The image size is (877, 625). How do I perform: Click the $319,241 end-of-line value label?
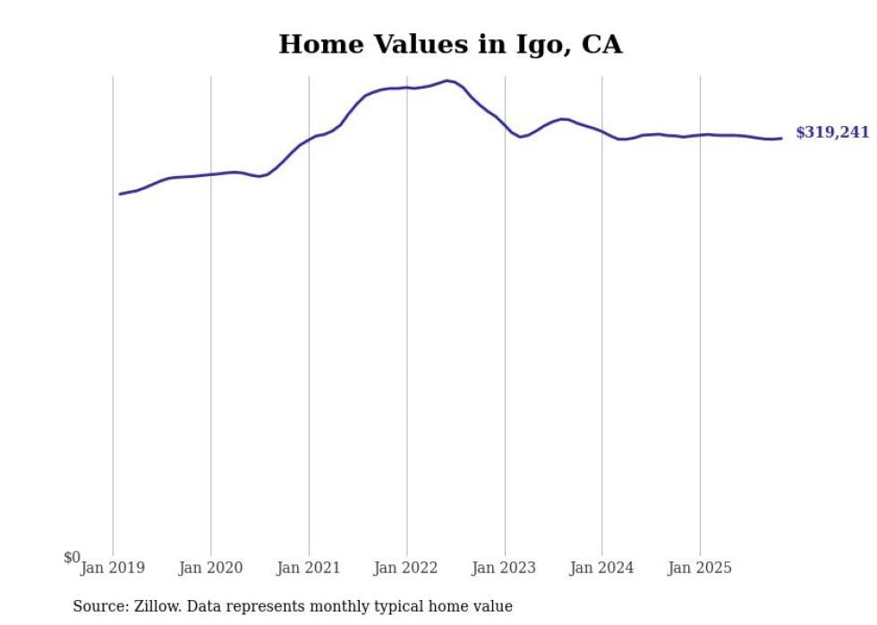831,132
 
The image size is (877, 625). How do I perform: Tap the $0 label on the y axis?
72,558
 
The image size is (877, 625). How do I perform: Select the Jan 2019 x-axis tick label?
113,568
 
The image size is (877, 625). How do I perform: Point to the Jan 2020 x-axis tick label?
210,568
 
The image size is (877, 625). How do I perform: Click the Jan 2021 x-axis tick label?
309,568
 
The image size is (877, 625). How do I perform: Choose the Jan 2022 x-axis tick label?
406,568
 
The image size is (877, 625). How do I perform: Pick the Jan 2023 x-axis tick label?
504,568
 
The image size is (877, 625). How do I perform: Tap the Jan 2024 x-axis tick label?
601,568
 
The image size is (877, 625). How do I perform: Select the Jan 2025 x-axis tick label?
700,568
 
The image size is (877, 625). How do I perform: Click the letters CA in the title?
602,44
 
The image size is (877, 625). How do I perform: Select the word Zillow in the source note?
158,606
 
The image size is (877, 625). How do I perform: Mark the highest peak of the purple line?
447,80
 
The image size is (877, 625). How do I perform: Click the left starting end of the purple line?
120,194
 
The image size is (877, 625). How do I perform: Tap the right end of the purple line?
781,138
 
